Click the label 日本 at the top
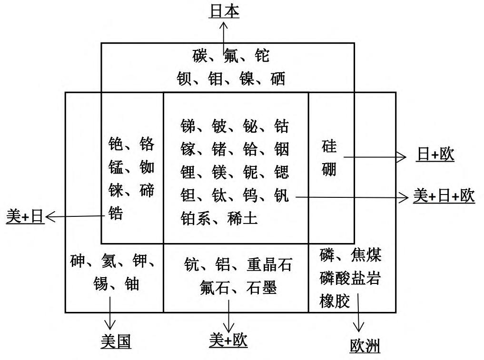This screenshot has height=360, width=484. click(x=224, y=11)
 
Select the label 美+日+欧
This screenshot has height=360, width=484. click(x=444, y=196)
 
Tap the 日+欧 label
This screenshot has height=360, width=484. click(x=435, y=155)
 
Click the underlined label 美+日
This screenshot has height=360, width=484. click(x=25, y=217)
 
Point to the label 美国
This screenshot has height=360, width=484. click(x=116, y=341)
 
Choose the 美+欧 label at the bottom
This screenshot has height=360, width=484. click(x=228, y=340)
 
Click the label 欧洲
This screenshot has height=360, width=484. click(x=365, y=346)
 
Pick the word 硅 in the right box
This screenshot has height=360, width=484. click(x=329, y=146)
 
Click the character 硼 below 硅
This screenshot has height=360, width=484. click(x=329, y=169)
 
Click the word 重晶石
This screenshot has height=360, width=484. click(x=269, y=264)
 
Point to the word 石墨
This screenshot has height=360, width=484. click(x=262, y=288)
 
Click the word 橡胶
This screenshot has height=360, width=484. click(x=335, y=301)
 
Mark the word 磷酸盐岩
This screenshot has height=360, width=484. click(x=350, y=278)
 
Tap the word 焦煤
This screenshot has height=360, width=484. click(x=366, y=255)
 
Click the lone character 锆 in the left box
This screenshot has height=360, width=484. click(x=116, y=213)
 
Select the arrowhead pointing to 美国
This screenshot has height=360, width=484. click(x=110, y=325)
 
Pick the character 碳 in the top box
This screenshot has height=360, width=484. click(x=200, y=56)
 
